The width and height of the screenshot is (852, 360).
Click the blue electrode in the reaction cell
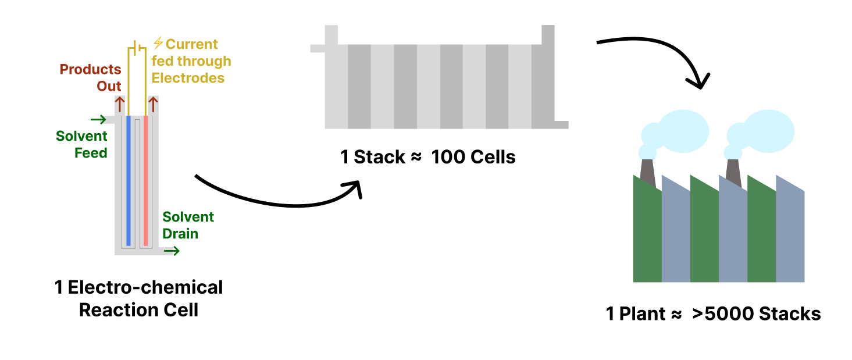tap(129, 180)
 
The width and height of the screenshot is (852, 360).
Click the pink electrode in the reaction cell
tap(145, 180)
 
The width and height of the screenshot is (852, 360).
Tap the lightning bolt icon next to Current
tap(158, 43)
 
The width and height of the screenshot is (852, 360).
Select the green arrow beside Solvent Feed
tap(98, 120)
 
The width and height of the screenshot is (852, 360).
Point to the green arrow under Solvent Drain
tap(172, 251)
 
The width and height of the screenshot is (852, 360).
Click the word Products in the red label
tap(90, 69)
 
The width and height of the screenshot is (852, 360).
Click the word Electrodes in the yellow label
tap(188, 77)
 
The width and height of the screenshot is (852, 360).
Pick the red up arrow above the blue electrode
tap(120, 104)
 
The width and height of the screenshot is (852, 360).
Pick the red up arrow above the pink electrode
tap(154, 104)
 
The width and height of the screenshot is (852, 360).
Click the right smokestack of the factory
tap(734, 172)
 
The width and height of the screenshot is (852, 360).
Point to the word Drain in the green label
tap(180, 234)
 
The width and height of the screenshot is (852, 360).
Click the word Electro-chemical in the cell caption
tap(145, 287)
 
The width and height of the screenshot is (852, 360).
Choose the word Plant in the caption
tap(642, 314)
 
